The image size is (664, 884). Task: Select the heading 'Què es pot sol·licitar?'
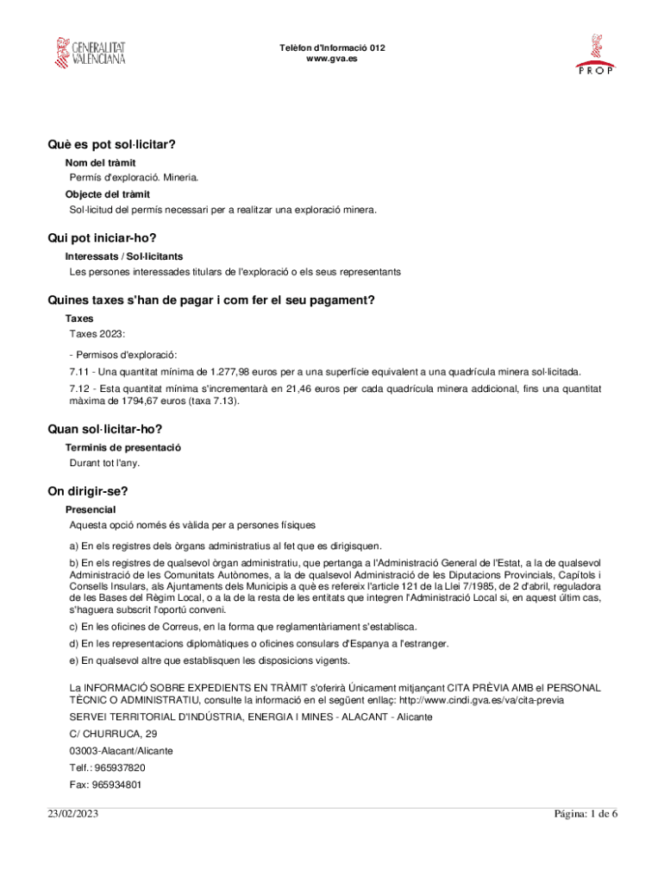118,144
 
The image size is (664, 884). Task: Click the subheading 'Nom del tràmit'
100,162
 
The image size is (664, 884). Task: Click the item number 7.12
81,389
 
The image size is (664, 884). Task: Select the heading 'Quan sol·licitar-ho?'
105,429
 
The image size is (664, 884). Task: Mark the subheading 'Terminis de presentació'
122,447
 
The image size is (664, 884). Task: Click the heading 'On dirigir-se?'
88,492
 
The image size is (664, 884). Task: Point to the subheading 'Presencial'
91,509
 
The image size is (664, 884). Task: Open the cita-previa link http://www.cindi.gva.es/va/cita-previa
482,701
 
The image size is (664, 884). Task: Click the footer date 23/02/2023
75,815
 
